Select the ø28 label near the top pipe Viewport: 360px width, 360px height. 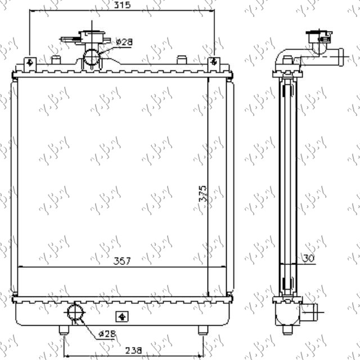coord(124,42)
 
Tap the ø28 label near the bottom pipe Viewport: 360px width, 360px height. coord(107,334)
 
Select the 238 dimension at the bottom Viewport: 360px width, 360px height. coord(133,349)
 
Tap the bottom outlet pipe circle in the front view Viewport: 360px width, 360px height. coord(75,312)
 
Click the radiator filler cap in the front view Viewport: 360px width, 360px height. coord(90,38)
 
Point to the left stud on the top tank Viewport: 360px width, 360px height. coord(55,60)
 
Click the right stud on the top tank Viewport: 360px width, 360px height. coord(181,60)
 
